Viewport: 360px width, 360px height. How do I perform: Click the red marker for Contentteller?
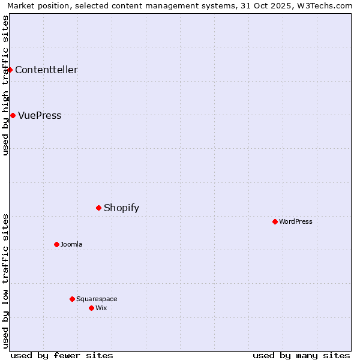point(10,70)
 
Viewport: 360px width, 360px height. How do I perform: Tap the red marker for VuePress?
point(13,115)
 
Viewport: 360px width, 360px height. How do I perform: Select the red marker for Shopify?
point(98,208)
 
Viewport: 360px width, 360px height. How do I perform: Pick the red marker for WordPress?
point(275,221)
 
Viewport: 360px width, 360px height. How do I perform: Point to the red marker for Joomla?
point(56,244)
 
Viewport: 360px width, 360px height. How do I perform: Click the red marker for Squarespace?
point(72,299)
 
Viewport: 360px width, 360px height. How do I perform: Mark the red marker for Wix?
point(91,308)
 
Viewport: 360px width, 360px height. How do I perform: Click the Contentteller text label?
point(46,70)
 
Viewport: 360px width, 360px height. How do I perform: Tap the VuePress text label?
point(40,115)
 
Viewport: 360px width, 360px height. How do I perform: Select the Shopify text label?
point(121,208)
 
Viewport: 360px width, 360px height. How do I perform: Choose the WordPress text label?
point(296,221)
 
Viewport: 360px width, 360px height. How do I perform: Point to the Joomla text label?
point(71,244)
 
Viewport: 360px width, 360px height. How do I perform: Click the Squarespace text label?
point(97,299)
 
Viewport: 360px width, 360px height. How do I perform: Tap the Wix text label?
point(101,308)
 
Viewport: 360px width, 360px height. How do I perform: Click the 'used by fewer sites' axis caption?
point(62,355)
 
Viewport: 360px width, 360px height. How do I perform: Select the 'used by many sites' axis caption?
point(301,355)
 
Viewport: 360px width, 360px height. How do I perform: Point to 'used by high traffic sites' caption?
point(5,85)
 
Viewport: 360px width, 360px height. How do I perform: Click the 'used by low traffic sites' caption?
point(5,281)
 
